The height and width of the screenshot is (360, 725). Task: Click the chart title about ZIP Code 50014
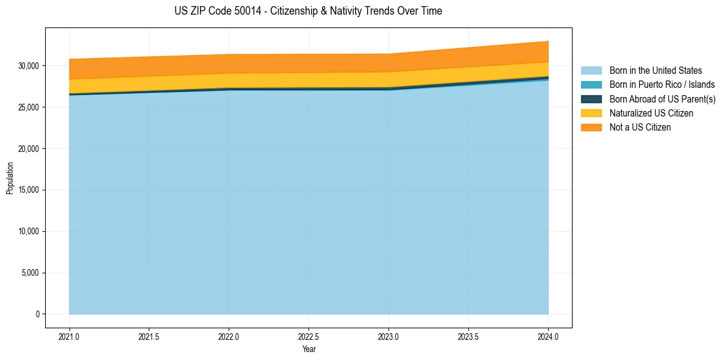308,11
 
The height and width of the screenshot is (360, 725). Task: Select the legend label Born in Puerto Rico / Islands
662,85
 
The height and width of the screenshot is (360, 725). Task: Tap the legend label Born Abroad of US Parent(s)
662,99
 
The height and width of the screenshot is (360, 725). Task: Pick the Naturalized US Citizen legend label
651,113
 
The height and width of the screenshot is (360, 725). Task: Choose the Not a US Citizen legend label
640,127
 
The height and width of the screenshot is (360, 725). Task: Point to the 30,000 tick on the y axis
28,66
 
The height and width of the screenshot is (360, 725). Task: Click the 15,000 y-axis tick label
28,190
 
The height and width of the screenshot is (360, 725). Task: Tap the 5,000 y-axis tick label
30,273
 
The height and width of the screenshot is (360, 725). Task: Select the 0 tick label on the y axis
37,314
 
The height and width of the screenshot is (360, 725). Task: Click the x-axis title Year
309,349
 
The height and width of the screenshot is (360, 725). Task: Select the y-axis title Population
10,178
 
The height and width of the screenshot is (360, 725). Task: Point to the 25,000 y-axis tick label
28,107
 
